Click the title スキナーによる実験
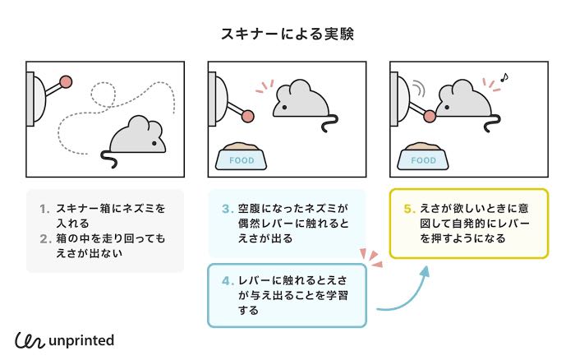pos(287,34)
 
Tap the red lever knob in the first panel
pos(66,81)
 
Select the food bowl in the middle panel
pos(241,157)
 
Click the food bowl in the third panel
pos(423,157)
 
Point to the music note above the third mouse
pos(504,77)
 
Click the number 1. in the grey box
pos(45,209)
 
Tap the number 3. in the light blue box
pos(228,209)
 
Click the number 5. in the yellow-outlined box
pos(409,209)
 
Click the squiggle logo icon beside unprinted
pos(30,339)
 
